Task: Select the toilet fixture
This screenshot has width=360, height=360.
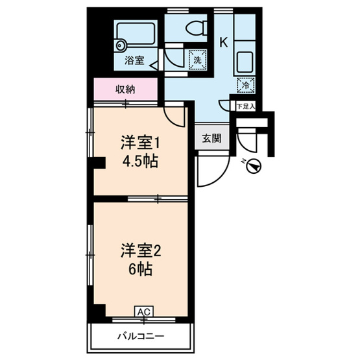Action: point(194,28)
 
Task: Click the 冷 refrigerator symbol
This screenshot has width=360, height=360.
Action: point(246,84)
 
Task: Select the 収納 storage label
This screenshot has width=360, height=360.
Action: point(126,90)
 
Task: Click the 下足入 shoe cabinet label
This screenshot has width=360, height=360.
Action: point(246,106)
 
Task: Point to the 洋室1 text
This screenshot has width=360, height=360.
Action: point(138,143)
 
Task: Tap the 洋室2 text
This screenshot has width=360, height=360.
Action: point(138,250)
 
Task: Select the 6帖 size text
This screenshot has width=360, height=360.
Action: point(138,268)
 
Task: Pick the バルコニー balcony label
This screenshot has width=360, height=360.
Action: point(141,337)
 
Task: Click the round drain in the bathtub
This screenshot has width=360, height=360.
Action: point(121,45)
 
